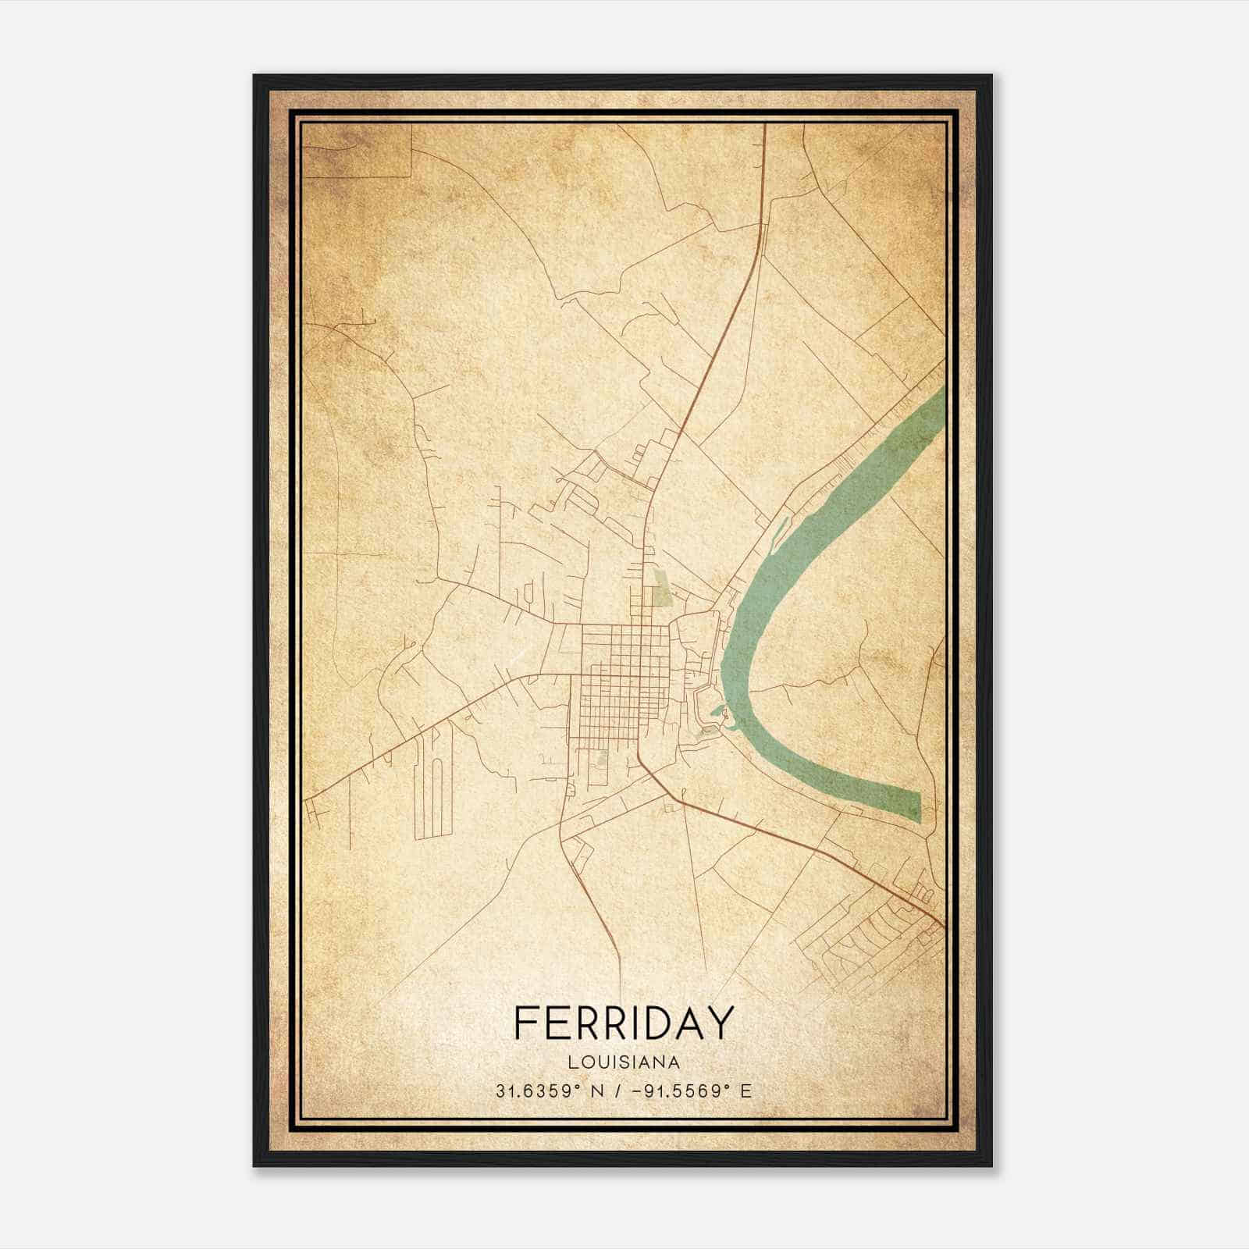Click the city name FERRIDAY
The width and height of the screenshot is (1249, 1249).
(x=624, y=1023)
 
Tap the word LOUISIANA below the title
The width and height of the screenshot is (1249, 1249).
(x=624, y=1062)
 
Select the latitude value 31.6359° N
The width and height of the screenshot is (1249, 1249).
(x=546, y=1091)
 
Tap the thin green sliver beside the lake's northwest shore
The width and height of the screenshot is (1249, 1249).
(x=778, y=532)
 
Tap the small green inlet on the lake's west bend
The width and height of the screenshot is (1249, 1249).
(x=718, y=712)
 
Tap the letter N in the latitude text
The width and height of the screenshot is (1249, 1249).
(x=598, y=1091)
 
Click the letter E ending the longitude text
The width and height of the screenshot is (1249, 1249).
(x=746, y=1091)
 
